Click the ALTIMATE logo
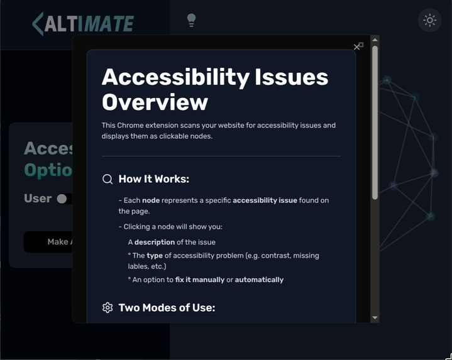pos(83,24)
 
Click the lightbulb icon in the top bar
pos(192,20)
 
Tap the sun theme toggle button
pos(430,20)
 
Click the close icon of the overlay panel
pos(358,46)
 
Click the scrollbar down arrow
pos(375,318)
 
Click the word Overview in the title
pos(155,102)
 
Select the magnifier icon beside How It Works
pos(107,179)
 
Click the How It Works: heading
pos(153,179)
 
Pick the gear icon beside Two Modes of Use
pos(107,307)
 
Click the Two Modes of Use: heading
pos(167,307)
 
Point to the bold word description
pos(155,242)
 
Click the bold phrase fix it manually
pos(200,280)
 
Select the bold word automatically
pos(259,280)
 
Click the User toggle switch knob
pos(62,199)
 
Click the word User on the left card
pos(38,199)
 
